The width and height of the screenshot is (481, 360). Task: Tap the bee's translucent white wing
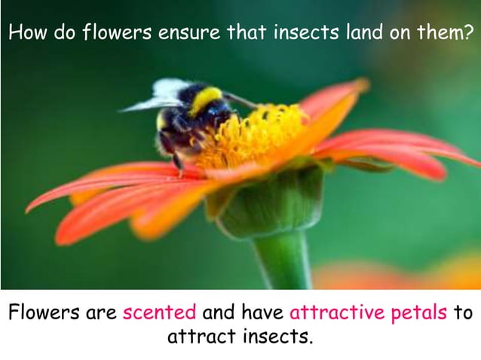pyautogui.click(x=162, y=95)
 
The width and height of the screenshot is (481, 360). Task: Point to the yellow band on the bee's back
pyautogui.click(x=205, y=99)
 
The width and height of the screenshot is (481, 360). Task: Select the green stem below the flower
pyautogui.click(x=283, y=260)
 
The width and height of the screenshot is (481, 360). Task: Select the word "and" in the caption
pyautogui.click(x=219, y=313)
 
